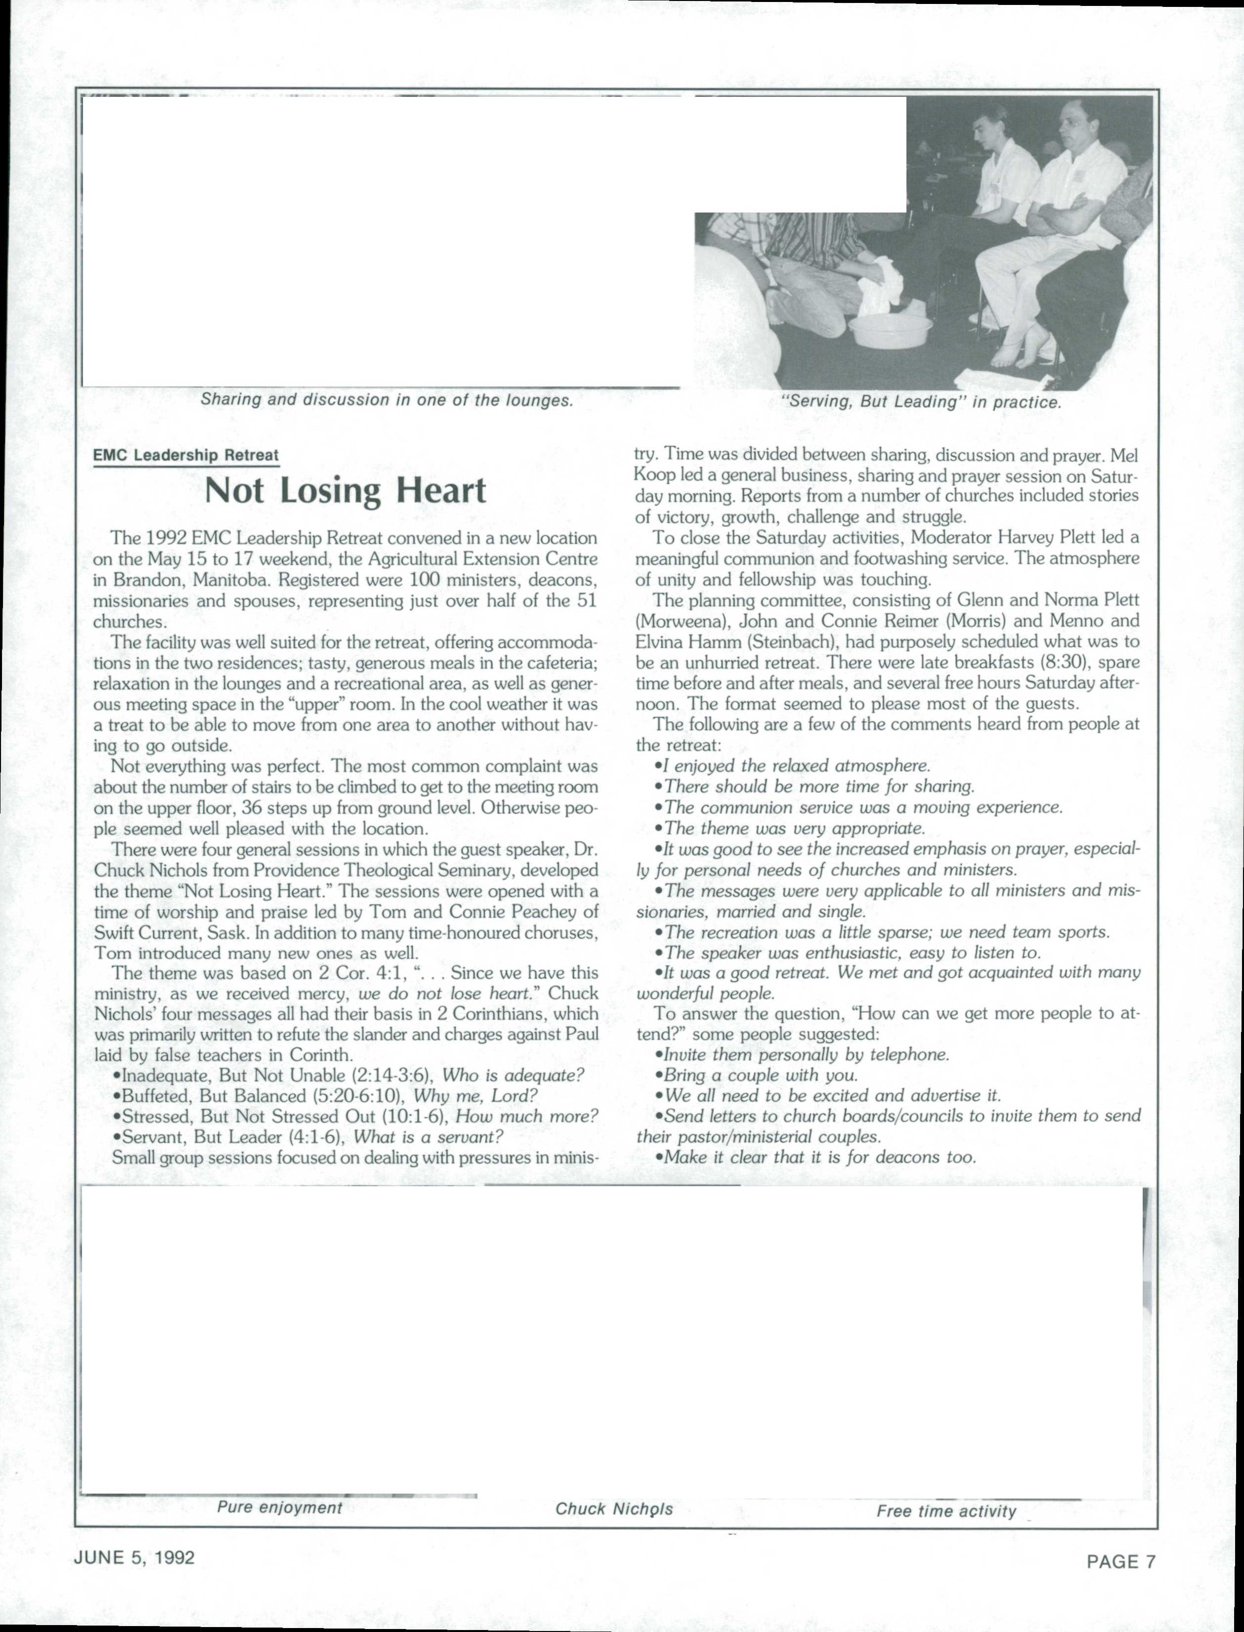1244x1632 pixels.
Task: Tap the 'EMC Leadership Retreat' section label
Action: (x=186, y=455)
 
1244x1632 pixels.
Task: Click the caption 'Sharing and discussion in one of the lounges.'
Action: (x=387, y=400)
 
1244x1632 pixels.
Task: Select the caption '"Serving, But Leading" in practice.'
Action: (x=922, y=403)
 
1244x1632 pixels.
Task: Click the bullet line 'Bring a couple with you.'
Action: (x=761, y=1075)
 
